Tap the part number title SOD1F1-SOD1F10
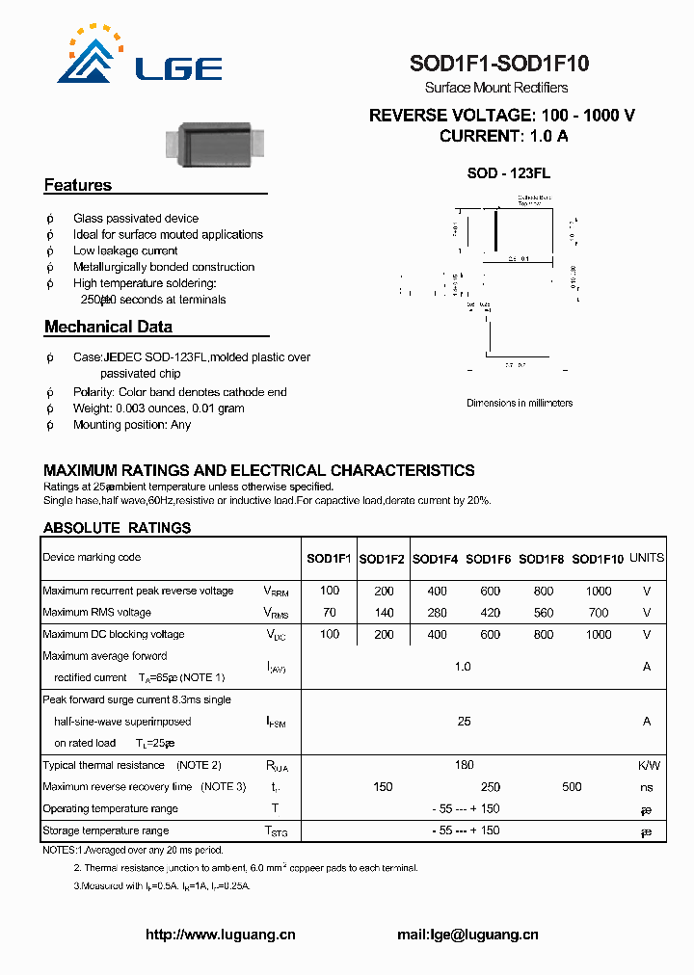[499, 65]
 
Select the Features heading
[78, 185]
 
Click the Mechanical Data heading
[108, 327]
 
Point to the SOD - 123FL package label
[508, 173]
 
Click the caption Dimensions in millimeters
[520, 403]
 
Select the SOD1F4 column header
[436, 558]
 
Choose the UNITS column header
[646, 558]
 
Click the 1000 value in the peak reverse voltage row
[598, 591]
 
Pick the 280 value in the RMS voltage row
[437, 613]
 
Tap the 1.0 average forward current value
[463, 667]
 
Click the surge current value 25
[464, 721]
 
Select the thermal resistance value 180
[464, 765]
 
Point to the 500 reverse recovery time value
[572, 787]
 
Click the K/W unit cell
[648, 765]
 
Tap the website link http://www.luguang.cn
[220, 935]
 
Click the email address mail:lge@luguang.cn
[467, 935]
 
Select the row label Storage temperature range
[106, 830]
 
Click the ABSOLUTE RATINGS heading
[117, 528]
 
